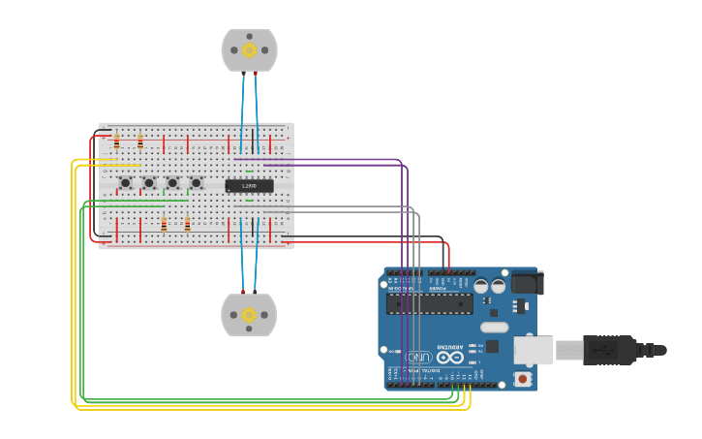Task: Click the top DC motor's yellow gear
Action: (x=249, y=50)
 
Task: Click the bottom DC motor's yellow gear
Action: (x=249, y=315)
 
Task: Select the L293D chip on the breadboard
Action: (x=249, y=185)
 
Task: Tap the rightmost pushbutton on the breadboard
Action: (x=196, y=182)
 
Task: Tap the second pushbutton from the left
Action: (x=149, y=182)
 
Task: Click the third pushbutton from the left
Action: (x=172, y=182)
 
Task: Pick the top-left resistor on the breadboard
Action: (x=116, y=142)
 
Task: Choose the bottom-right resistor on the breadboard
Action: (x=187, y=225)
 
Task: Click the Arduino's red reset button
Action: (x=523, y=378)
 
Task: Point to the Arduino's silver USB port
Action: (x=533, y=349)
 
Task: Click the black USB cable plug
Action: (x=608, y=349)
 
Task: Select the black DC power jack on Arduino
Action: (x=526, y=283)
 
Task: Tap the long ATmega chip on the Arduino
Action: (x=429, y=304)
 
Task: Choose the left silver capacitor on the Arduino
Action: (x=481, y=286)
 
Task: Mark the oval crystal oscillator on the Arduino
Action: (x=493, y=327)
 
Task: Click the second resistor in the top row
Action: (x=139, y=142)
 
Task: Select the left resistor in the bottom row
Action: (x=164, y=225)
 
